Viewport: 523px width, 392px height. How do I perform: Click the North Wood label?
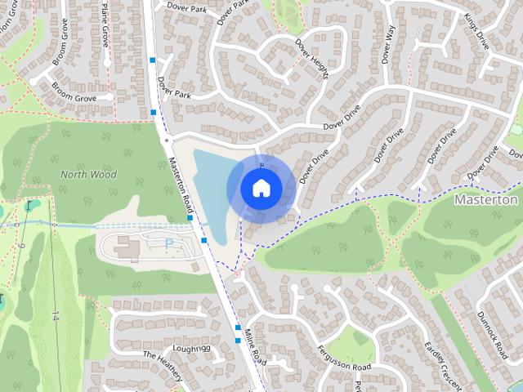88,174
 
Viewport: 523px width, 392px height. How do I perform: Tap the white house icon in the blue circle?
261,188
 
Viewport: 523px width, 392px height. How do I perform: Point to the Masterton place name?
485,199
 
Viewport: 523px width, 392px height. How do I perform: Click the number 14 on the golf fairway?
56,315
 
